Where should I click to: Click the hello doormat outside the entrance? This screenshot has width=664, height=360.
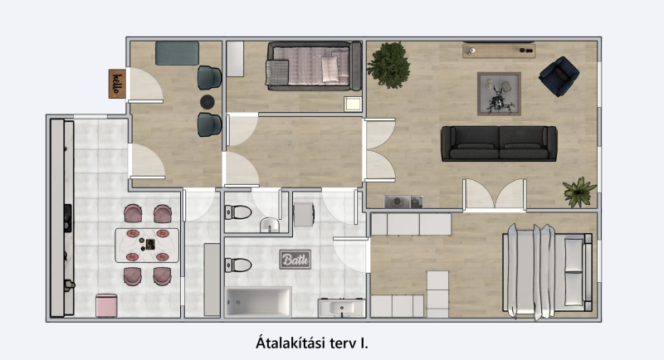point(117,84)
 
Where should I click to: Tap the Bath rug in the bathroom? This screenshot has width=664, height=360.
point(295,260)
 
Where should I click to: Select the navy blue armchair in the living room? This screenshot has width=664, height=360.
point(559,76)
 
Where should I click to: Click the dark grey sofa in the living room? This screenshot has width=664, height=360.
point(499,144)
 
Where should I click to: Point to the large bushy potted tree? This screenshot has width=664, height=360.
point(388,65)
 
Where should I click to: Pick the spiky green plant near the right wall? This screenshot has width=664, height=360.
point(579,192)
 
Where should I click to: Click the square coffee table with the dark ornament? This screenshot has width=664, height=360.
point(500,94)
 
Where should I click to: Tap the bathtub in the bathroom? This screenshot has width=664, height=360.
point(258,302)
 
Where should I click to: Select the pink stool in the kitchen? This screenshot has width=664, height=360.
point(106,305)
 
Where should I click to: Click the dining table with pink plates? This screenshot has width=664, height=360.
point(147,246)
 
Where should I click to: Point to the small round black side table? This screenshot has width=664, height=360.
point(207,102)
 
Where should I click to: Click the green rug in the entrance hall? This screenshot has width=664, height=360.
point(177,53)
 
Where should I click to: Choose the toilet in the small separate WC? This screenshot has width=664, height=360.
point(238,212)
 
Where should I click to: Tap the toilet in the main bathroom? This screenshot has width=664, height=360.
point(238,265)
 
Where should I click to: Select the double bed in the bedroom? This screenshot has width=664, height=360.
point(547,272)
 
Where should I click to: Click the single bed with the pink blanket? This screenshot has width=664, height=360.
point(315,66)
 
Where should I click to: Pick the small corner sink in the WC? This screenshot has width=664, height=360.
point(269,225)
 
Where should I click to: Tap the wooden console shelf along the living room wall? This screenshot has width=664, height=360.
point(499,51)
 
